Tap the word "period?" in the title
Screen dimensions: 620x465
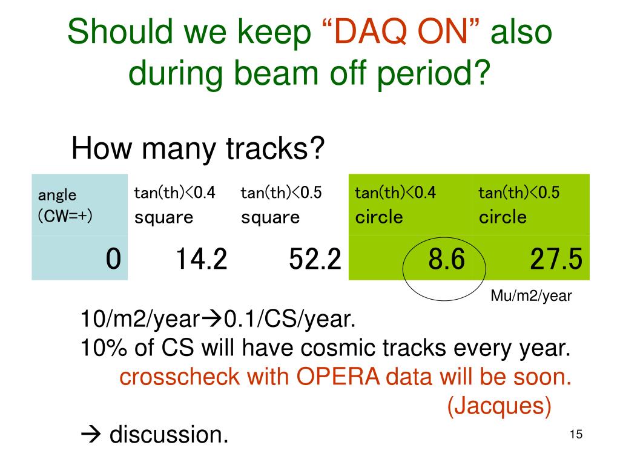click(x=434, y=73)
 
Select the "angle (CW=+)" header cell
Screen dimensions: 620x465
click(x=65, y=205)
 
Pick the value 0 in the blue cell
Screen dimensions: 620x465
click(x=113, y=259)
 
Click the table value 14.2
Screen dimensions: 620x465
click(x=202, y=259)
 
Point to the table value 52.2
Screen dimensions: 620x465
click(x=315, y=259)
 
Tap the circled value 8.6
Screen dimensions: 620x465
click(x=447, y=259)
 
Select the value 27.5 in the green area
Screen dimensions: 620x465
click(x=556, y=259)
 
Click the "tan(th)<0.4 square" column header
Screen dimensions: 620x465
click(x=175, y=205)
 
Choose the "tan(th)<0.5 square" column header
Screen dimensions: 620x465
click(x=282, y=205)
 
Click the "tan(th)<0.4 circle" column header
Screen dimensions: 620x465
click(x=395, y=205)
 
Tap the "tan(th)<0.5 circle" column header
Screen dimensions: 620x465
click(x=519, y=205)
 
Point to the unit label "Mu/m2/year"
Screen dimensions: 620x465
click(x=531, y=295)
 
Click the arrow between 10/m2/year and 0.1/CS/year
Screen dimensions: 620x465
click(x=213, y=318)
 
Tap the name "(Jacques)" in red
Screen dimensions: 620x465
click(x=499, y=406)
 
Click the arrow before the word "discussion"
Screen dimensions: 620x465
click(x=91, y=435)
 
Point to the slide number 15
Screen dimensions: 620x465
click(x=576, y=434)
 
